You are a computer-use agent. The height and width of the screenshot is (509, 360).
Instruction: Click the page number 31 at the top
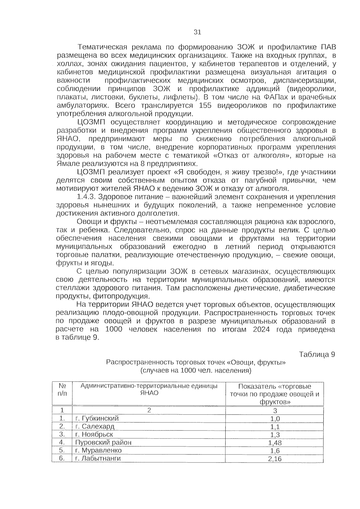[197, 32]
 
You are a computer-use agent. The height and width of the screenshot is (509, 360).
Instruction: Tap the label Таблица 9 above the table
[317, 354]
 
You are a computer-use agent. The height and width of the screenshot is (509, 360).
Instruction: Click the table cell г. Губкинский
[97, 418]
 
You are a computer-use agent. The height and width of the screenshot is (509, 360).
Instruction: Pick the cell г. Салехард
[95, 426]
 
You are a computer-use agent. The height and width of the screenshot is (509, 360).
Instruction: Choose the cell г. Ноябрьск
[94, 434]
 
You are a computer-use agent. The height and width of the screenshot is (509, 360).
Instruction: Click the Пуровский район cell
[103, 442]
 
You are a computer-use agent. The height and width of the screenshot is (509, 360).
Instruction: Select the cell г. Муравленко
[98, 450]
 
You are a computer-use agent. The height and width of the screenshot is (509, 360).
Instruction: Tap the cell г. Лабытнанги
[98, 458]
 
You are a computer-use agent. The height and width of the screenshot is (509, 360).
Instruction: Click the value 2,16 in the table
[275, 459]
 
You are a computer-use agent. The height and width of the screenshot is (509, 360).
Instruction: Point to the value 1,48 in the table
[275, 443]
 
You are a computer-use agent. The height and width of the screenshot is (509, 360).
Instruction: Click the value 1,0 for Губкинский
[275, 419]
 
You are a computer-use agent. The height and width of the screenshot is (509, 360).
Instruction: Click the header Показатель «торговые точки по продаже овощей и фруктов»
[274, 394]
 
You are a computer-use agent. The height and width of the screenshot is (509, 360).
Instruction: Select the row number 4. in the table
[62, 442]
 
